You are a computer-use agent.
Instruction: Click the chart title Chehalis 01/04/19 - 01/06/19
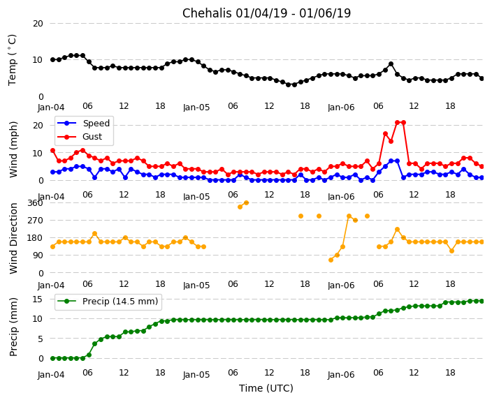point(266,13)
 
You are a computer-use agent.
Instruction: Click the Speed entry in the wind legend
point(96,124)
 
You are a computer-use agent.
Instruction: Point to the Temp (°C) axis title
point(13,59)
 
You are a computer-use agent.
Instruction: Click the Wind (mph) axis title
point(13,149)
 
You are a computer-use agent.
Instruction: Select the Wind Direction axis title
point(13,238)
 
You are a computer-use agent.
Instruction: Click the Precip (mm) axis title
point(13,327)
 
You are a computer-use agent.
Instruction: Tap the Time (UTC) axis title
point(266,388)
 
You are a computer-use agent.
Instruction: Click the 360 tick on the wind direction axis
point(34,203)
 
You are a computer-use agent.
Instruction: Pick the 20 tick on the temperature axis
point(38,24)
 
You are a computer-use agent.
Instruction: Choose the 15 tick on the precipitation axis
point(38,299)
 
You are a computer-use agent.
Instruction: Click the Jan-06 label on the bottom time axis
point(341,374)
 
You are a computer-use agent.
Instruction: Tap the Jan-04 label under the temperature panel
point(52,107)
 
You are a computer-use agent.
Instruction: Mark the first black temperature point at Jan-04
point(52,59)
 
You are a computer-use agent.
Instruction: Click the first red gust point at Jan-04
point(52,150)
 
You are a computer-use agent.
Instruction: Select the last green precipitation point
point(482,301)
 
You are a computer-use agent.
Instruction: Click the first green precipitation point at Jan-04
point(52,358)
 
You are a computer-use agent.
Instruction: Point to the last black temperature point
point(482,78)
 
